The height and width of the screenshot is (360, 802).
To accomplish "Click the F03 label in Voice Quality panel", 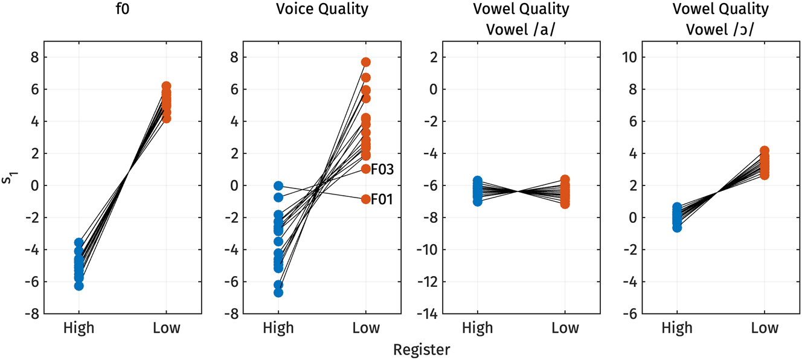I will pyautogui.click(x=382, y=169).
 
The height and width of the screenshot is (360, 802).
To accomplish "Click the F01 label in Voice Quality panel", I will pyautogui.click(x=382, y=199).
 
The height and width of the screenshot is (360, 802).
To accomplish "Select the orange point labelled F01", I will pyautogui.click(x=366, y=199).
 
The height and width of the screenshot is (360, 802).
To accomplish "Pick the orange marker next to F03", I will pyautogui.click(x=366, y=169).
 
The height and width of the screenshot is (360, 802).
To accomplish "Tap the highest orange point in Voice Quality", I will pyautogui.click(x=366, y=62).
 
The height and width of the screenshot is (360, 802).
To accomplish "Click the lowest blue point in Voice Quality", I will pyautogui.click(x=278, y=292).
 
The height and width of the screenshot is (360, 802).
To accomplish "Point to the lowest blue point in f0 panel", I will pyautogui.click(x=79, y=286).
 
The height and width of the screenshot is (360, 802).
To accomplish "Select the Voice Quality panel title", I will pyautogui.click(x=322, y=10).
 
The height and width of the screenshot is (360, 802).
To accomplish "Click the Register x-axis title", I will pyautogui.click(x=422, y=350).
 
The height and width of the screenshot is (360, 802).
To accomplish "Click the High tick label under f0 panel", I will pyautogui.click(x=79, y=328).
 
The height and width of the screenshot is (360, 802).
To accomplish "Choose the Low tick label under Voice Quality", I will pyautogui.click(x=366, y=328).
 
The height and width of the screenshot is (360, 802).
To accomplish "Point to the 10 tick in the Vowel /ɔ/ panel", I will pyautogui.click(x=629, y=57).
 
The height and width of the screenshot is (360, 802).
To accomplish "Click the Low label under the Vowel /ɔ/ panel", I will pyautogui.click(x=764, y=328).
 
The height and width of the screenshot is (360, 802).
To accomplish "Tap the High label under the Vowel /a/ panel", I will pyautogui.click(x=478, y=328).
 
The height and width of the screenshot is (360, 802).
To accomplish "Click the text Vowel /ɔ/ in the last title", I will pyautogui.click(x=721, y=28).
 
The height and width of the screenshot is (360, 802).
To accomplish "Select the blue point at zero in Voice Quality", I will pyautogui.click(x=278, y=186).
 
